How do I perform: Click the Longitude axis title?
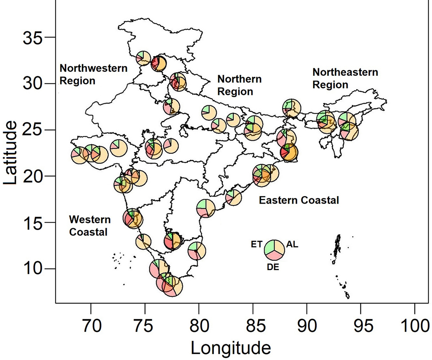click(x=231, y=347)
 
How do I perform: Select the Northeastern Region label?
click(x=345, y=78)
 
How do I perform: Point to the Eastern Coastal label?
click(x=299, y=200)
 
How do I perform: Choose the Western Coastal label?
click(x=90, y=225)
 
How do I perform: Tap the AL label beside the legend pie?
click(x=292, y=245)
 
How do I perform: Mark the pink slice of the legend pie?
click(x=275, y=254)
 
